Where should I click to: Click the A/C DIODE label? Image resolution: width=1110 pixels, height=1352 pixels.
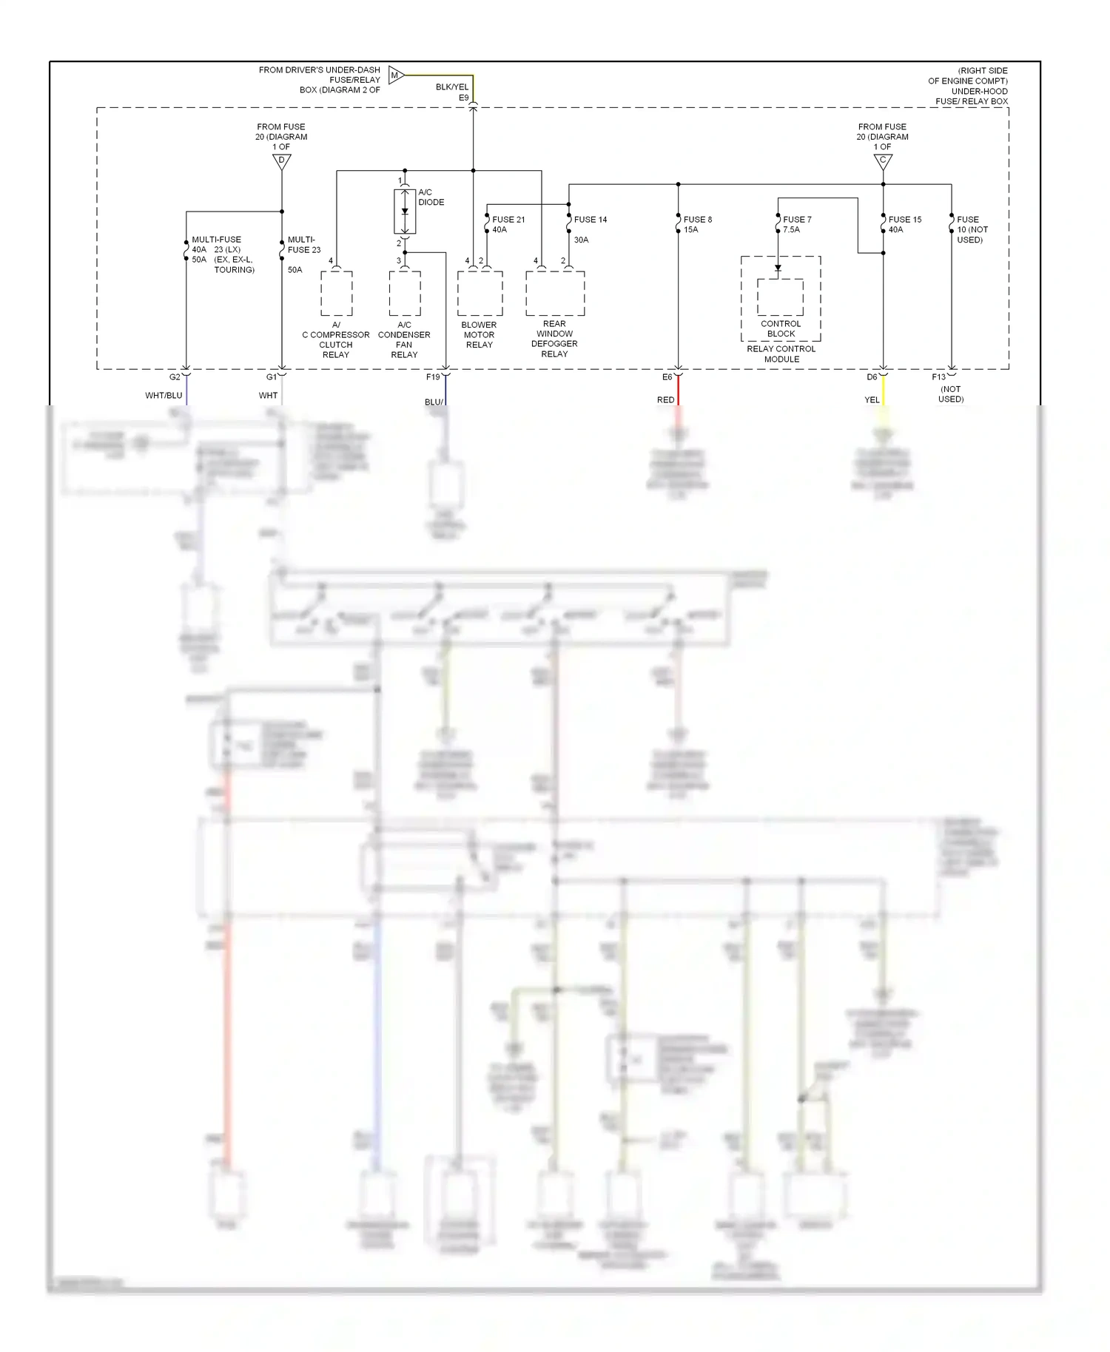[431, 197]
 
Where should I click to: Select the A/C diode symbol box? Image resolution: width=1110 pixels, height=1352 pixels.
[405, 212]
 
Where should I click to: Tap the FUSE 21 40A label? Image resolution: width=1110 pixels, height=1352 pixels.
[508, 224]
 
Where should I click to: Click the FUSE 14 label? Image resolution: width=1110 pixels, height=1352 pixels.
[590, 220]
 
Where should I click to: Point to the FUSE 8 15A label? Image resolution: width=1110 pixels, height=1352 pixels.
[697, 224]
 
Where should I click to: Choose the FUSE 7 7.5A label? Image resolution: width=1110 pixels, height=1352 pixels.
[796, 224]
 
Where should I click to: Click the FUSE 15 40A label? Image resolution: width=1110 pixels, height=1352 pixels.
[904, 224]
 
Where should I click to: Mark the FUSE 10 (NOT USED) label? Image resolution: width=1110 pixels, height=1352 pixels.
[972, 229]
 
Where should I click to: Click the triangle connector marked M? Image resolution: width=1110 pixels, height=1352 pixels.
[396, 75]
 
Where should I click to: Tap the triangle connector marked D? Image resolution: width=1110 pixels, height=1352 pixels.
[282, 162]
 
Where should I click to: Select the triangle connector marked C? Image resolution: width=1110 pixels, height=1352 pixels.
[883, 162]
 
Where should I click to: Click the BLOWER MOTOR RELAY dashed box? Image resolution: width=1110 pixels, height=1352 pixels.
[480, 293]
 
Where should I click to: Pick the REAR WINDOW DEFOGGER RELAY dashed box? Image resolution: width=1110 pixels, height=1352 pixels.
[555, 293]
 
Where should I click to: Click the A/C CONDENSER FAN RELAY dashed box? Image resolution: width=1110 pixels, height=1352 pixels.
[405, 293]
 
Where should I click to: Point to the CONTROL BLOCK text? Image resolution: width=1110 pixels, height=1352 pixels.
[781, 328]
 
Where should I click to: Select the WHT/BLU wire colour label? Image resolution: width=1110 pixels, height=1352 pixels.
[164, 396]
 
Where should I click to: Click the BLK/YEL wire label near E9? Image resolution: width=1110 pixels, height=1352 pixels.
[451, 87]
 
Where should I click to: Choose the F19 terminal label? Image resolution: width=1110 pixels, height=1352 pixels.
[433, 377]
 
